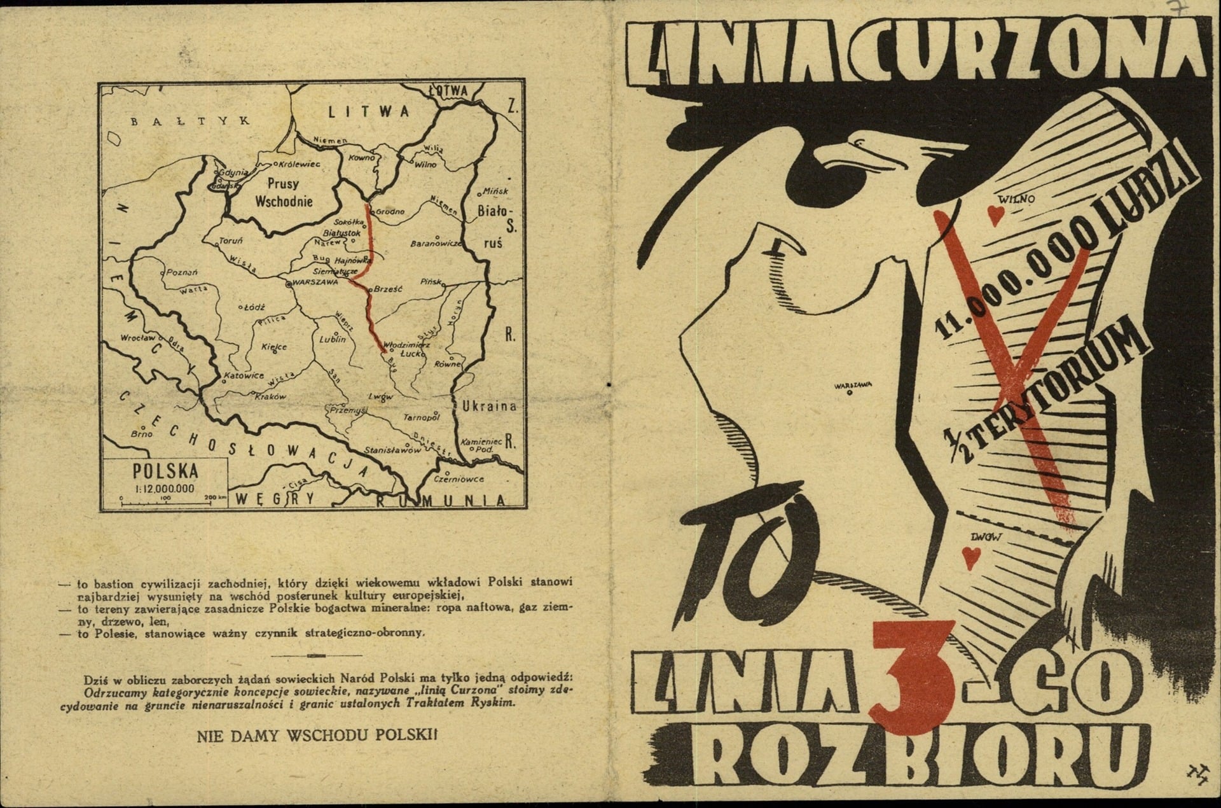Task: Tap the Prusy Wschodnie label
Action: coord(283,193)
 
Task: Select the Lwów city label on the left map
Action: coord(380,396)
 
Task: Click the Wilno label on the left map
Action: coord(425,164)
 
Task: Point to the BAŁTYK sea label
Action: coord(190,120)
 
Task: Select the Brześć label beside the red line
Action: coord(388,288)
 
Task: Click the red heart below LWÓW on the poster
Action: coord(970,557)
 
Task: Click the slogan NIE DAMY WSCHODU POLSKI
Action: coord(317,735)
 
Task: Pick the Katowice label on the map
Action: coord(244,375)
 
